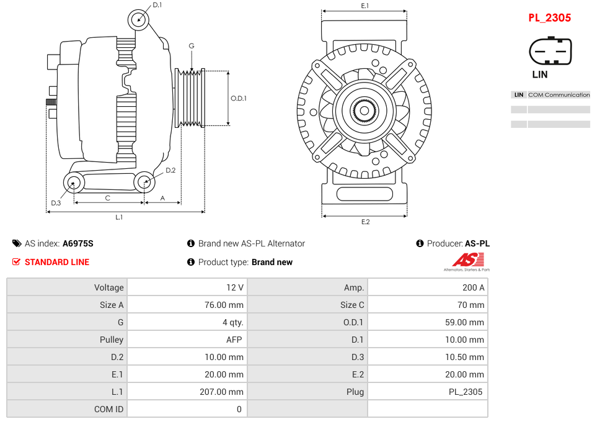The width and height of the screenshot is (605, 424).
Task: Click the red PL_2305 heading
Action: coord(549,18)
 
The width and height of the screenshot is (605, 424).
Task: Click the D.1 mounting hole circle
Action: coord(139,20)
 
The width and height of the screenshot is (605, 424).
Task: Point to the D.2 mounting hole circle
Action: coord(144,182)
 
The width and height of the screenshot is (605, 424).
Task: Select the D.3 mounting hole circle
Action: coord(74,183)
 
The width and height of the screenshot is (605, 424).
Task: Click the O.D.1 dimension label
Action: coord(239,98)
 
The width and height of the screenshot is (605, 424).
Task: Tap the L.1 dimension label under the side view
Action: coord(119,217)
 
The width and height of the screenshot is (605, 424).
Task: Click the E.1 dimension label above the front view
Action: coord(364,6)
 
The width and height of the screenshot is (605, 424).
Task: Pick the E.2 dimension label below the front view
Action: coord(364,222)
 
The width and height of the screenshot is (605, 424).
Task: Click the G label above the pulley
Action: coord(192,46)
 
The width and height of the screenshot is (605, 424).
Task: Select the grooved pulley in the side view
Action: coord(190,98)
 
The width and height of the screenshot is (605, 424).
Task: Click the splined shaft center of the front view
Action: coord(364,111)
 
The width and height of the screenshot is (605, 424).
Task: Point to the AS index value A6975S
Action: coord(77,243)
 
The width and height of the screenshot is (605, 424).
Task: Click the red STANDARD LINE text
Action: coord(56,262)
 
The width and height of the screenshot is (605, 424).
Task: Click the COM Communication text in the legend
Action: coord(559,95)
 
